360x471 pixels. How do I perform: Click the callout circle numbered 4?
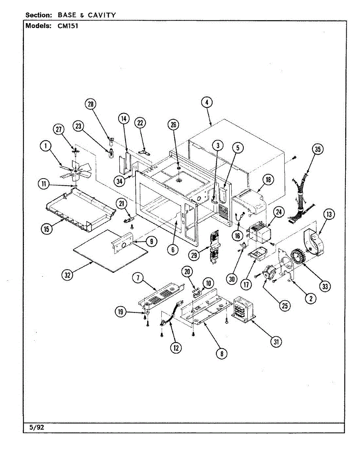pyautogui.click(x=207, y=102)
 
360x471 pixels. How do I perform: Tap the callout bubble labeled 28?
pyautogui.click(x=91, y=104)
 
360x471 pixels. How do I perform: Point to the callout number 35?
pyautogui.click(x=318, y=150)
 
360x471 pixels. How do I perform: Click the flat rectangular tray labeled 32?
pyautogui.click(x=108, y=250)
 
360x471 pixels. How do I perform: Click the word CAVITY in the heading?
pyautogui.click(x=102, y=15)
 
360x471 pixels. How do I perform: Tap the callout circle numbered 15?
pyautogui.click(x=47, y=229)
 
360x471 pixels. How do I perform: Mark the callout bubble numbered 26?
pyautogui.click(x=173, y=125)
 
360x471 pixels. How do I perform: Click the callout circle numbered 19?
pyautogui.click(x=121, y=312)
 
